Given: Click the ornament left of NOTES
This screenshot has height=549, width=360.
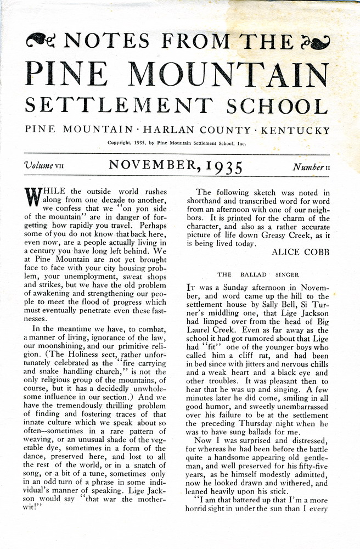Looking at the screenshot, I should [42, 40].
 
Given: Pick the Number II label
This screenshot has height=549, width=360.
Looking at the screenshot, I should [311, 165].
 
